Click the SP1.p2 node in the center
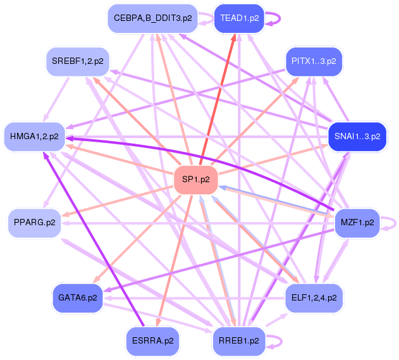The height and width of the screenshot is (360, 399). [x=196, y=180]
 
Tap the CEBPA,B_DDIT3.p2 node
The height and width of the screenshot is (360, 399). [x=152, y=18]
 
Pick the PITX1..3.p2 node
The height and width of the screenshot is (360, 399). [x=314, y=61]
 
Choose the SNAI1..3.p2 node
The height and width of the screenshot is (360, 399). [x=357, y=136]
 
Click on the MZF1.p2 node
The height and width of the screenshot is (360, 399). [x=357, y=223]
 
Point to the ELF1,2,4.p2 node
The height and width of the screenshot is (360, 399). [x=314, y=296]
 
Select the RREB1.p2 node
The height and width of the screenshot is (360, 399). [x=237, y=340]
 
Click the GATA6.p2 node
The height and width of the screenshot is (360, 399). [x=78, y=297]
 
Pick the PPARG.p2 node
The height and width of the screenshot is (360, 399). [x=35, y=223]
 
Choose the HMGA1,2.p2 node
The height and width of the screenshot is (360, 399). [x=35, y=136]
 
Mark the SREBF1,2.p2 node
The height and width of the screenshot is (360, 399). [x=78, y=61]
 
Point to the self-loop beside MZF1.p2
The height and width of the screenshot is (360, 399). [x=394, y=223]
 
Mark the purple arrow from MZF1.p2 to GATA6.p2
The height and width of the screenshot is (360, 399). [x=221, y=259]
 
